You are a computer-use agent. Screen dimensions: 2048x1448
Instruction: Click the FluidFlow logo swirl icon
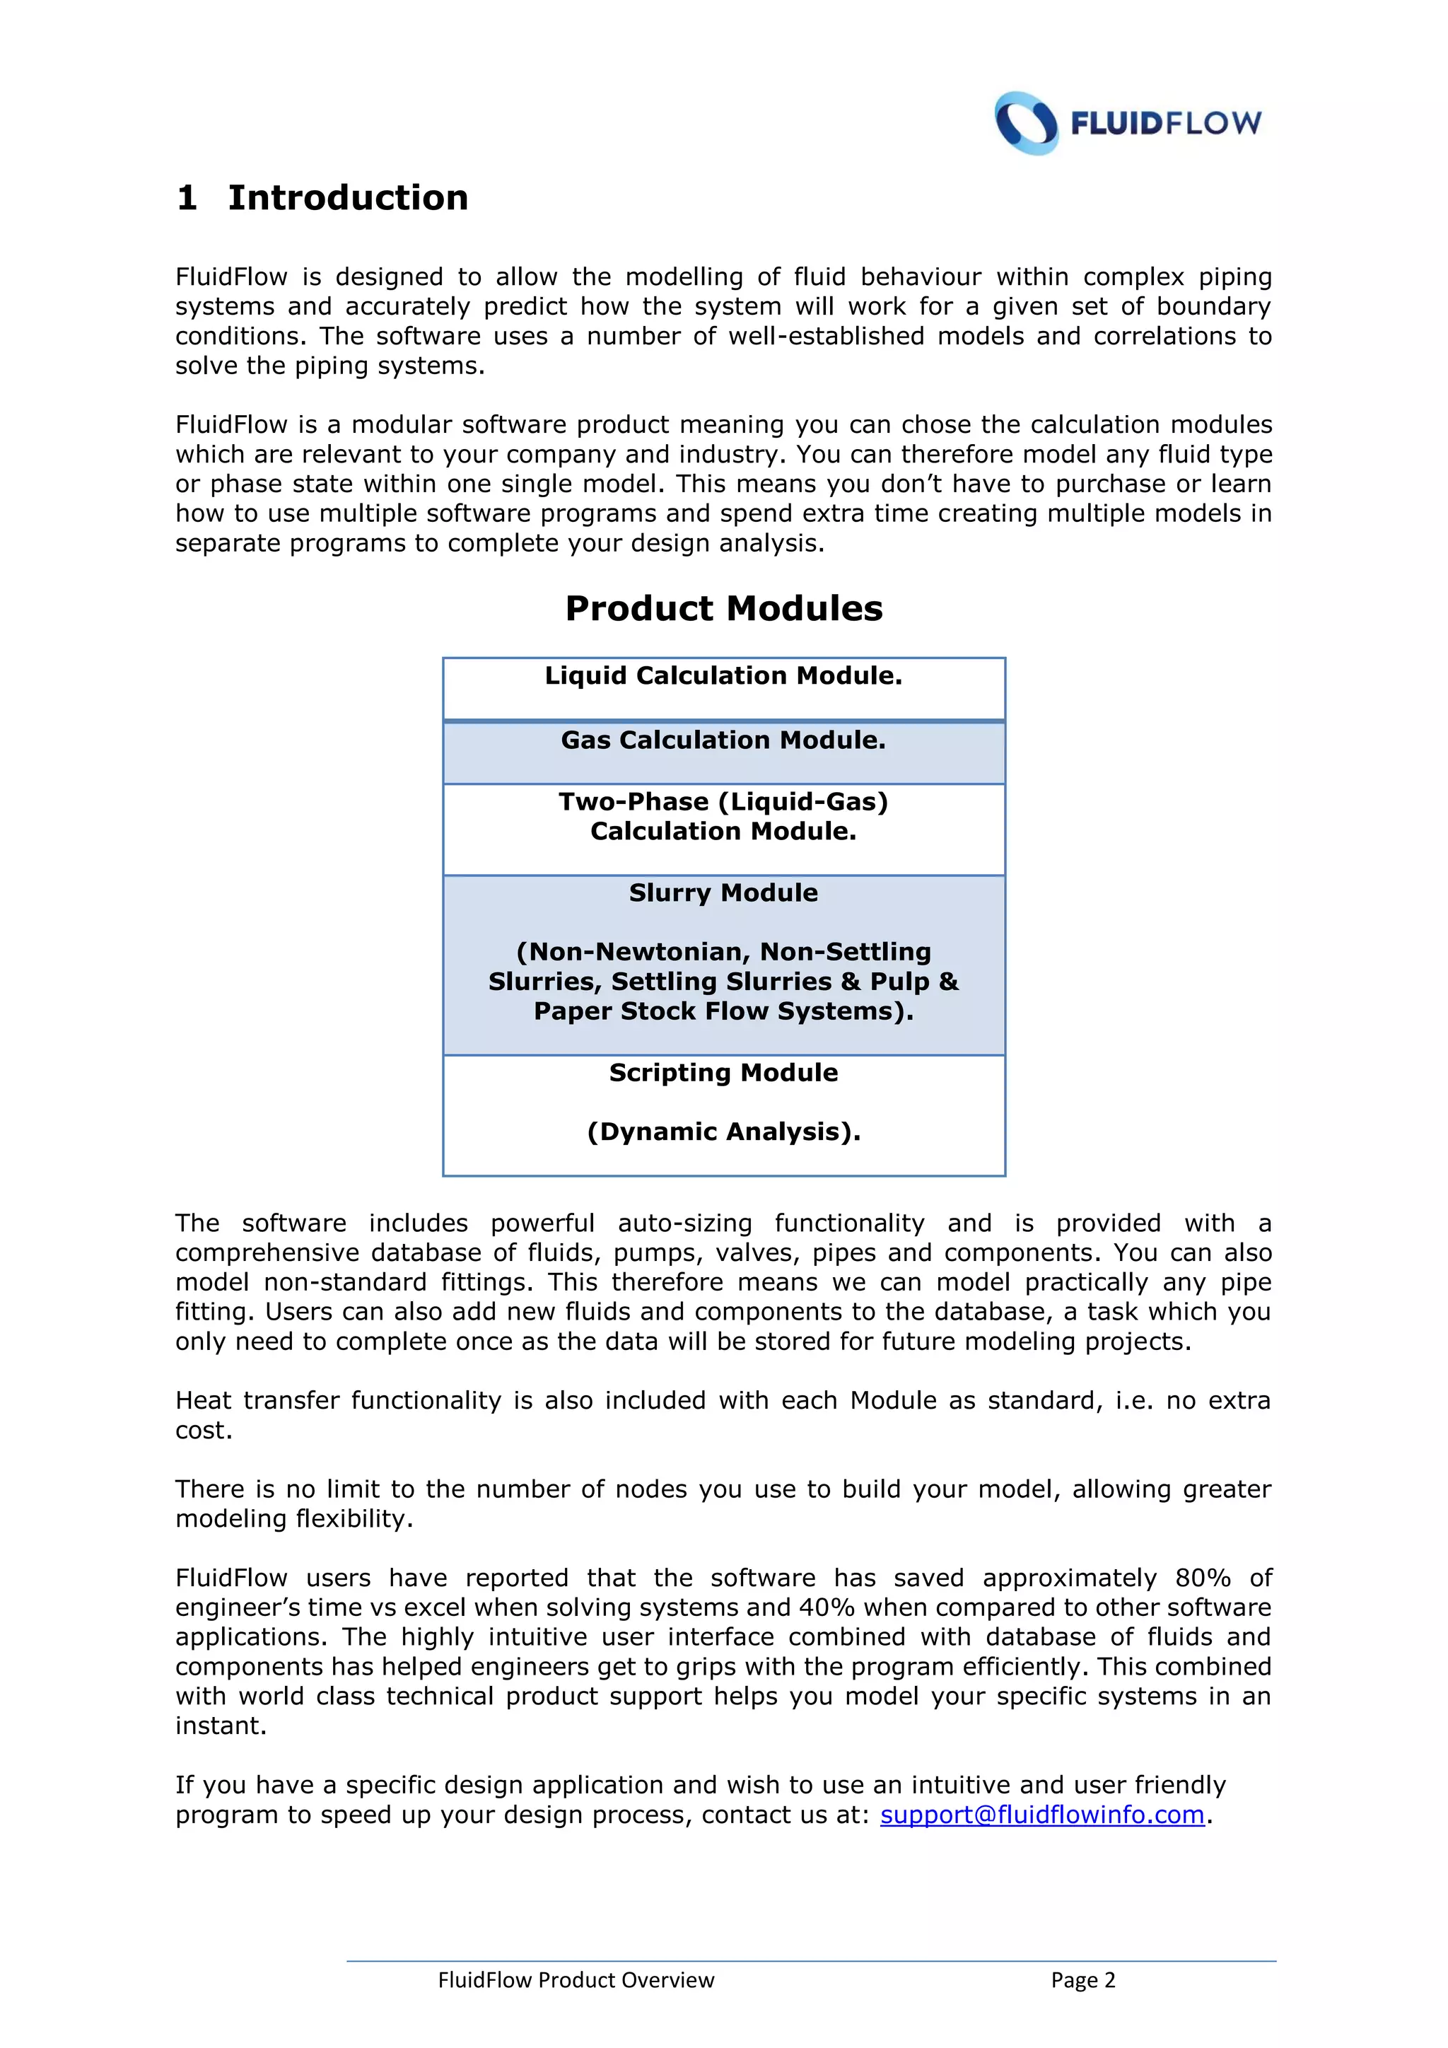coord(1027,123)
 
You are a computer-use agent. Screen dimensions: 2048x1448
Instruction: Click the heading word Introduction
coord(348,198)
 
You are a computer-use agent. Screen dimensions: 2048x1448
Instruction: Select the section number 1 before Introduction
coord(187,198)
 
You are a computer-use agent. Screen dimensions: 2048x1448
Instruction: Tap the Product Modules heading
coord(723,608)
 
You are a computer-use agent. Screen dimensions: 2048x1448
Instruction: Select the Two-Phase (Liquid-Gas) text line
coord(723,802)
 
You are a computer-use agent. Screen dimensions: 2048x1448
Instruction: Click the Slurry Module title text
coord(723,893)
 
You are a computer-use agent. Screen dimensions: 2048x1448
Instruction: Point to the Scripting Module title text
coord(723,1072)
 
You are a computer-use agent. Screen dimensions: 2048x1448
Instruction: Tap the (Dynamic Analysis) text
coord(723,1132)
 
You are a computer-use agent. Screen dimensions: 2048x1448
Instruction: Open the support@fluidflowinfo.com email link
coord(1041,1815)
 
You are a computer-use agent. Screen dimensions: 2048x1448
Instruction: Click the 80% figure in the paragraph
coord(1202,1578)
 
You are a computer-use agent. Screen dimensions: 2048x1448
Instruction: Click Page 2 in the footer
coord(1082,1980)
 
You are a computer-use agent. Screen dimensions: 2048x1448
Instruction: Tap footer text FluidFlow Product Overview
coord(576,1980)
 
